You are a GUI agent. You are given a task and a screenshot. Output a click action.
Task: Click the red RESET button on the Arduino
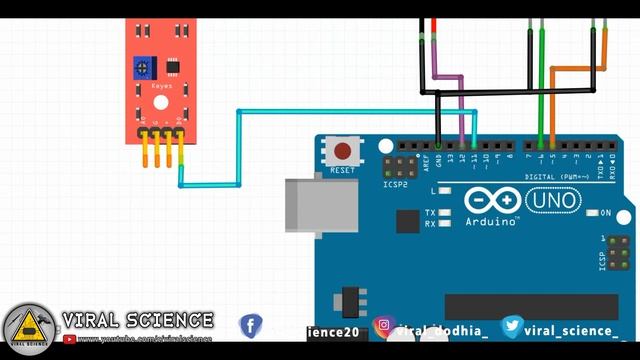coord(342,152)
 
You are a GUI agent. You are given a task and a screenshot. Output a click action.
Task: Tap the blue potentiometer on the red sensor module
coord(146,68)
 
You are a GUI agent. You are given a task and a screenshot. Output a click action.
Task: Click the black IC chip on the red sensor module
coord(172,68)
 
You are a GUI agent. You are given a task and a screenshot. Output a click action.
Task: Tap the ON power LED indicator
coord(592,213)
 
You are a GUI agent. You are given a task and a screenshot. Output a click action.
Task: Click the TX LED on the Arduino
coord(444,213)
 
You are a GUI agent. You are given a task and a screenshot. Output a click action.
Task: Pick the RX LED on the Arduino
coord(444,224)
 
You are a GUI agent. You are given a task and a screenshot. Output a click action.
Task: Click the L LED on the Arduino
coord(444,190)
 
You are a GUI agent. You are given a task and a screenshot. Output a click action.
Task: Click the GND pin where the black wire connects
coord(439,146)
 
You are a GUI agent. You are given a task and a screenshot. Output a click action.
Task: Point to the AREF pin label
coord(425,159)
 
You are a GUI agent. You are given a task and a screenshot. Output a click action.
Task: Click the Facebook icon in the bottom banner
coord(250,327)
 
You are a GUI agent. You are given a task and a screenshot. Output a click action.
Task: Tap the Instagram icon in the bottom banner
coord(384,328)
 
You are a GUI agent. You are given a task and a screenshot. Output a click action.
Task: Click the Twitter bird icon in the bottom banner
coord(511,327)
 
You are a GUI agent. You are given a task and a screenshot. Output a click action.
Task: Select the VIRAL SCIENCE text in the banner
coord(138,320)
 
